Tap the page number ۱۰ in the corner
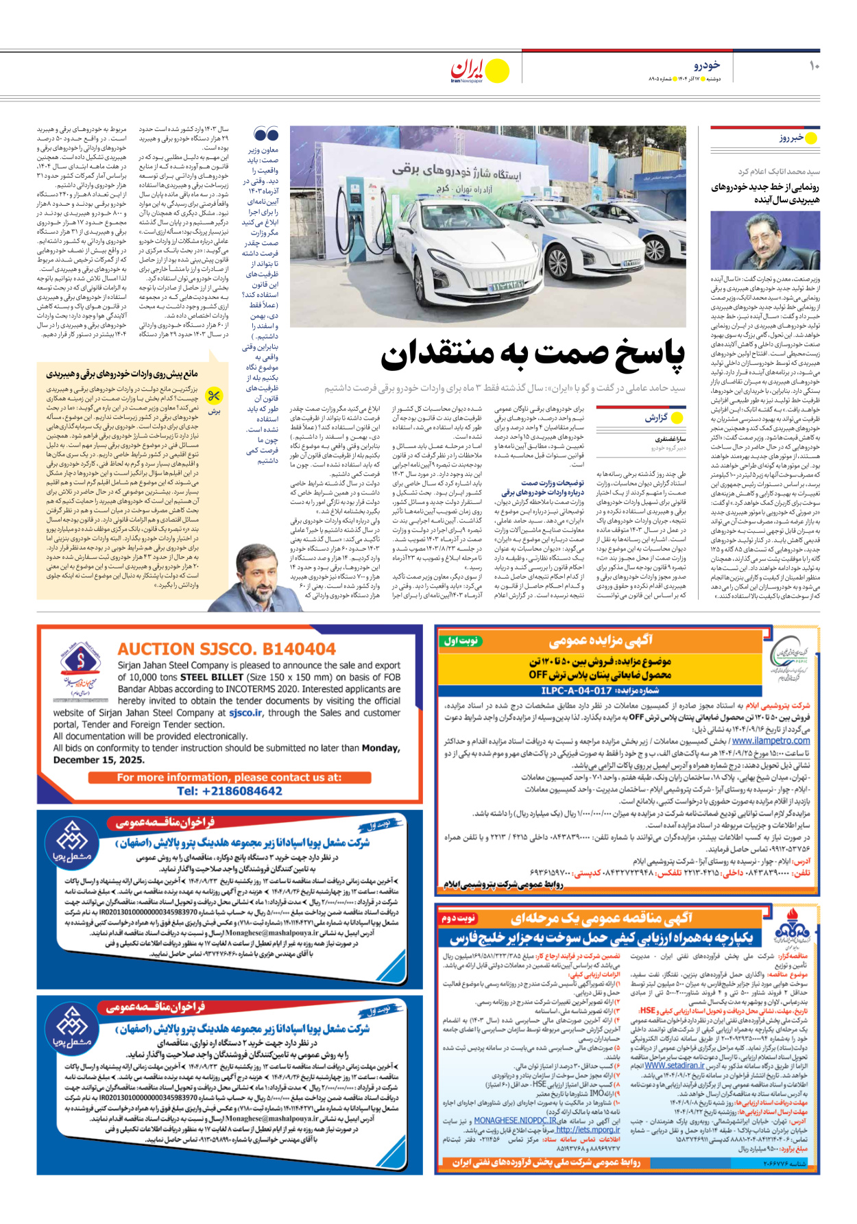pos(814,66)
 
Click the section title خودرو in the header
pos(706,65)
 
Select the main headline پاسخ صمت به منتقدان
pos(533,355)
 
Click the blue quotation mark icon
pos(266,134)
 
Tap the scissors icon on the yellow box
pos(215,396)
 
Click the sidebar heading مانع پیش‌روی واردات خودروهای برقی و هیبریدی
pos(122,374)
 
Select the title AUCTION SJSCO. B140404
pos(226,649)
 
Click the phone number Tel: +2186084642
pos(229,791)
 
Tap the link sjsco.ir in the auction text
pos(245,712)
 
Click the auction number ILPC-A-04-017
pos(576,691)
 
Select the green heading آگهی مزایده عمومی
pos(600,640)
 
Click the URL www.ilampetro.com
pos(771,741)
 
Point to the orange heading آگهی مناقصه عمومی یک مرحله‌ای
pos(601,917)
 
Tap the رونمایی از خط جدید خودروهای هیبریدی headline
pos(764,193)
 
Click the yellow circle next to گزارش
pos(677,418)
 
